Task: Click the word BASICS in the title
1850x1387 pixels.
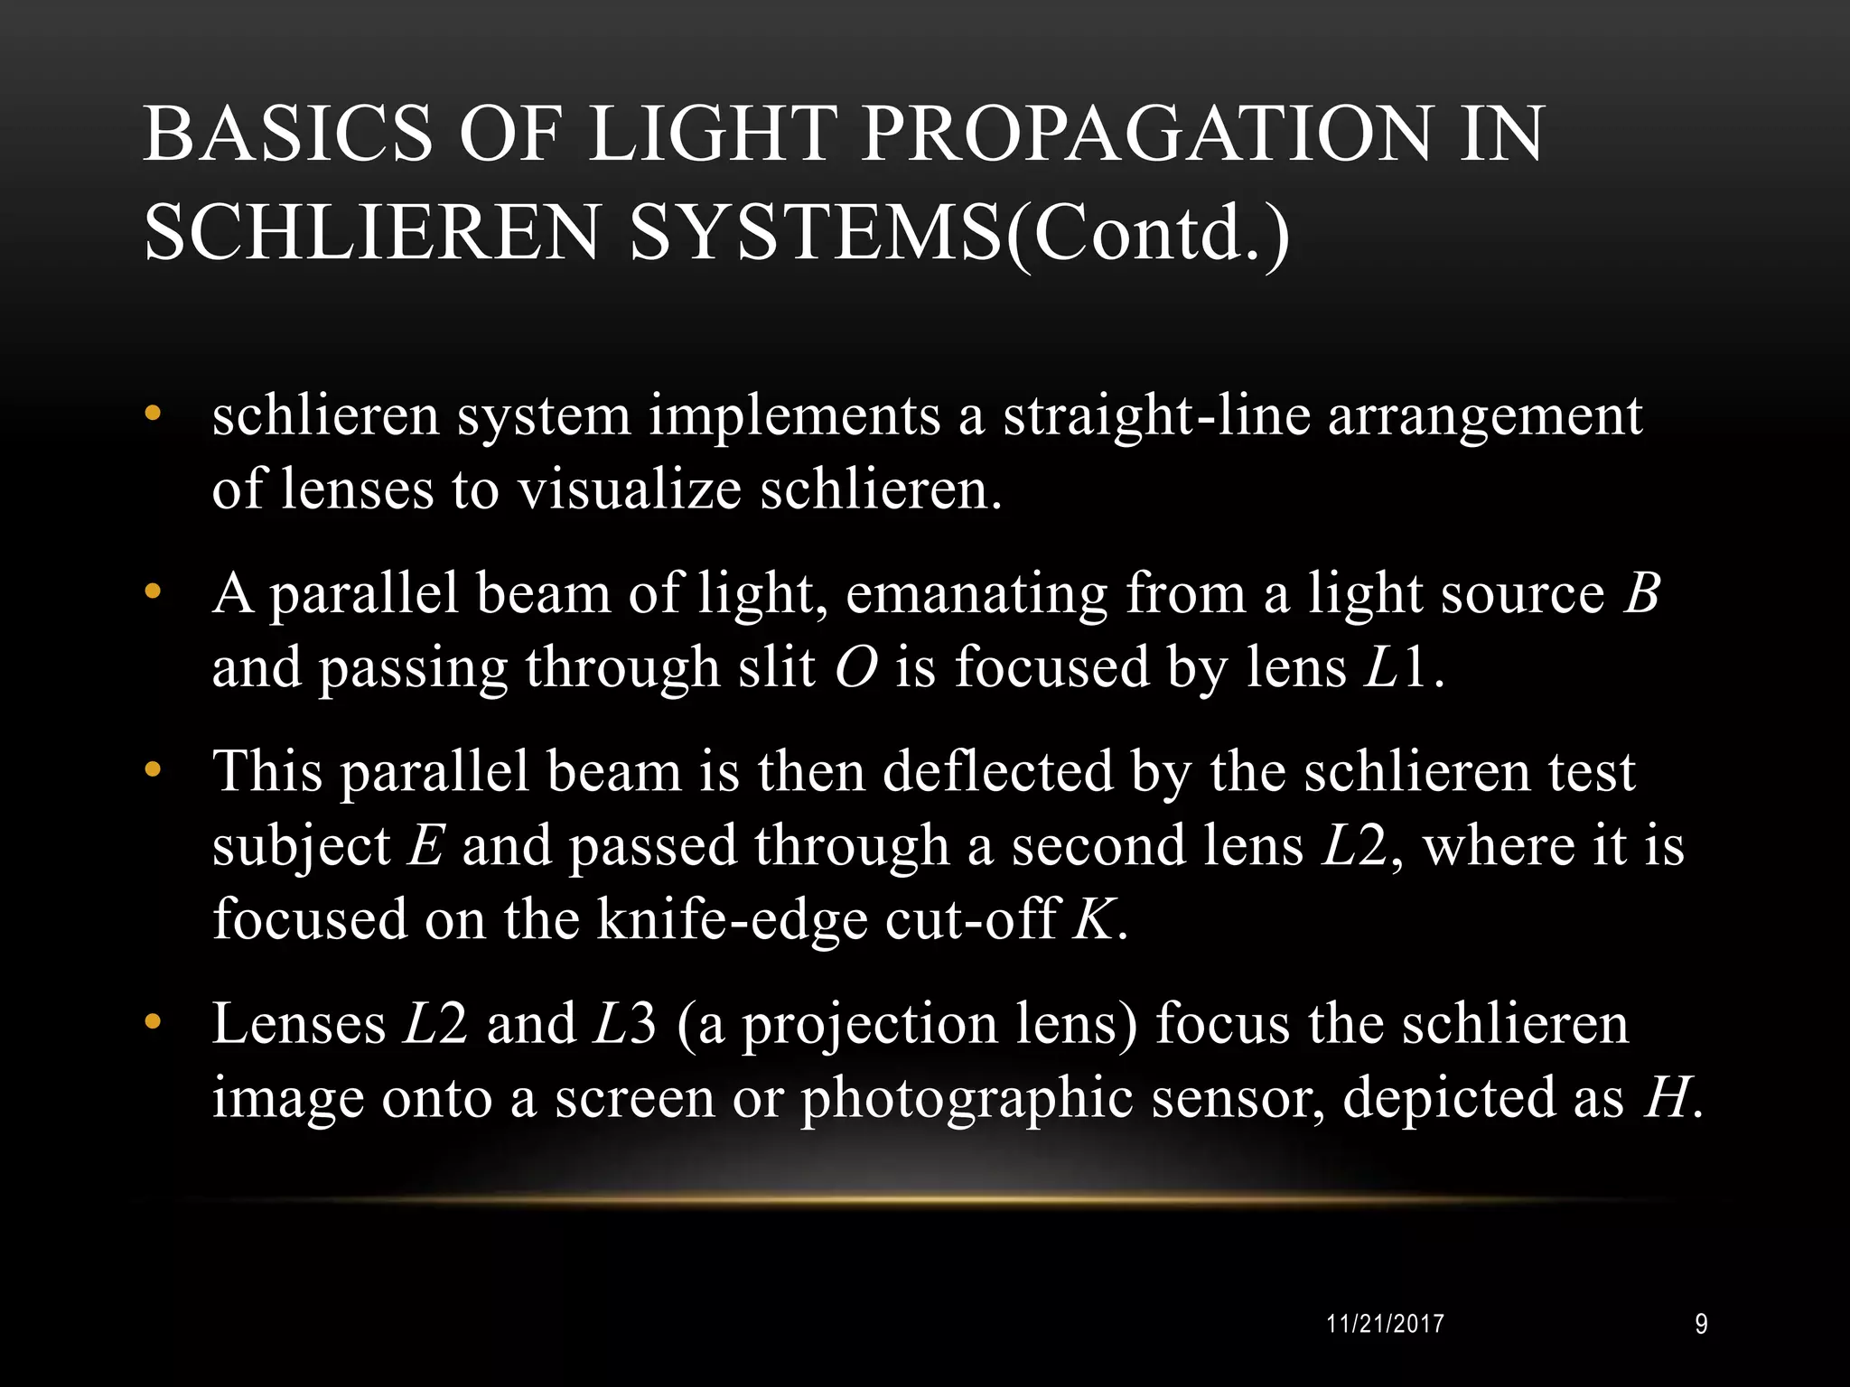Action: (287, 134)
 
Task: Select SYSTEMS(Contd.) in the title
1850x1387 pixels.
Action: (960, 233)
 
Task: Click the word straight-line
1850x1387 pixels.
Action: (1156, 417)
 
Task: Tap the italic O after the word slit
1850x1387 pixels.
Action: (855, 668)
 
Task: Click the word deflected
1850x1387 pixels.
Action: (997, 772)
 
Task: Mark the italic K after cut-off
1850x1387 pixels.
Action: (1093, 920)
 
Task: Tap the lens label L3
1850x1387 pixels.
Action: (623, 1024)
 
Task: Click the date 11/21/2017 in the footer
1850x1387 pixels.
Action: (1386, 1325)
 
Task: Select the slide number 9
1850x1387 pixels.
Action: (1701, 1325)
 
